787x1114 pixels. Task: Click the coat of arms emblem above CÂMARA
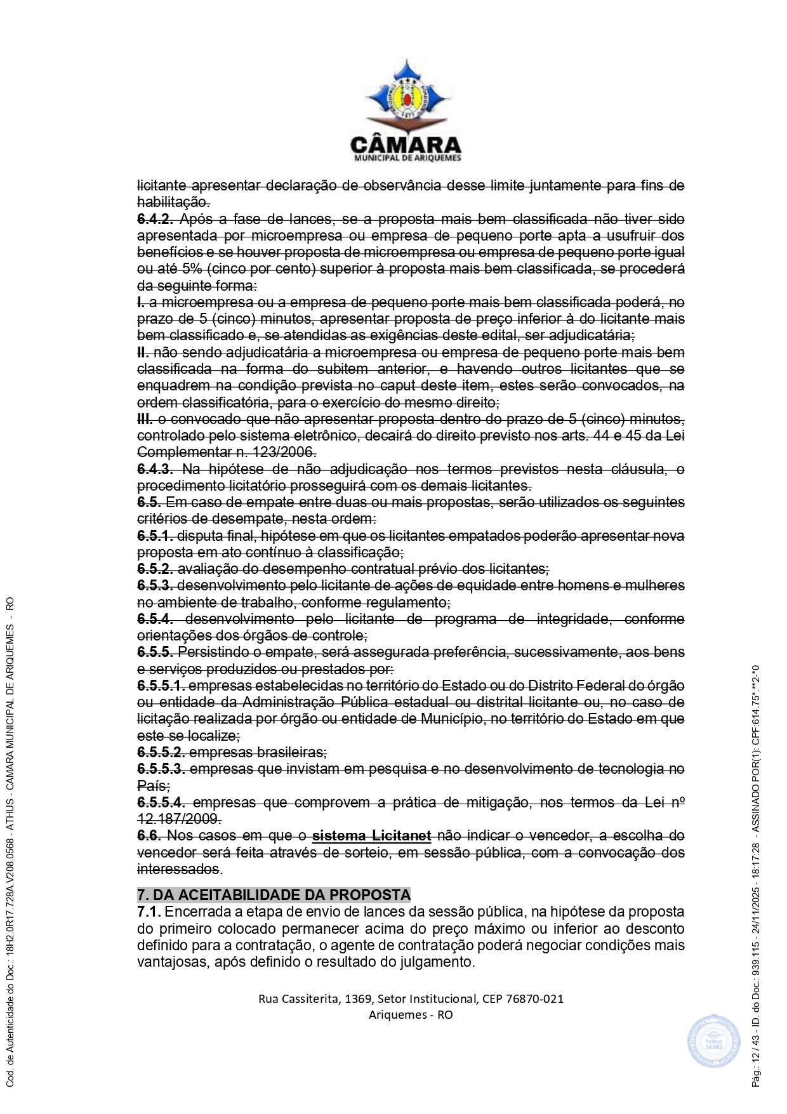pyautogui.click(x=406, y=93)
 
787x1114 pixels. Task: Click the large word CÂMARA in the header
pyautogui.click(x=406, y=144)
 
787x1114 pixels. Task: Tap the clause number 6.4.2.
pyautogui.click(x=155, y=219)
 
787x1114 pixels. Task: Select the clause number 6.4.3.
pyautogui.click(x=155, y=469)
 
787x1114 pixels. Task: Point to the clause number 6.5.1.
pyautogui.click(x=155, y=536)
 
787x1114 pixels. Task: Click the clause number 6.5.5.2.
pyautogui.click(x=161, y=752)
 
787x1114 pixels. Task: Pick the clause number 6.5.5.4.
pyautogui.click(x=161, y=802)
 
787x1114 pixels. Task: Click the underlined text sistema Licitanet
pyautogui.click(x=371, y=835)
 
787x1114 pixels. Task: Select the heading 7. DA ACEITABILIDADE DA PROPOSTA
pyautogui.click(x=274, y=894)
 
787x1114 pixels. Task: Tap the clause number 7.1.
pyautogui.click(x=149, y=912)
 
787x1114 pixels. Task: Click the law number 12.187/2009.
pyautogui.click(x=178, y=819)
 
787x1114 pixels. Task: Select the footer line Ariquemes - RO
pyautogui.click(x=411, y=1014)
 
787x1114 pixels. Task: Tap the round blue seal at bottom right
pyautogui.click(x=713, y=1041)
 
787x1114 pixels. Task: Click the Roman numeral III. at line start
pyautogui.click(x=145, y=419)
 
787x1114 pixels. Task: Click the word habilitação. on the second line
pyautogui.click(x=173, y=202)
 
